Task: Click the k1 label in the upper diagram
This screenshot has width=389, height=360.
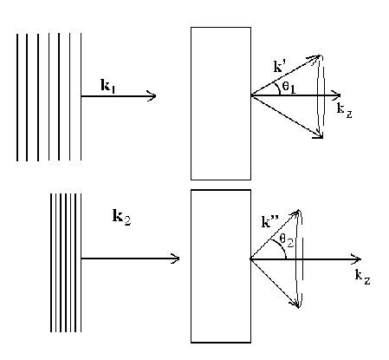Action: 109,85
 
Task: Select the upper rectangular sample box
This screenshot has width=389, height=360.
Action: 221,102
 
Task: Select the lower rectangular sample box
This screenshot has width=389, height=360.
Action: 221,265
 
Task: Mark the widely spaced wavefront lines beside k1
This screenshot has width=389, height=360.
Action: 49,96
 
